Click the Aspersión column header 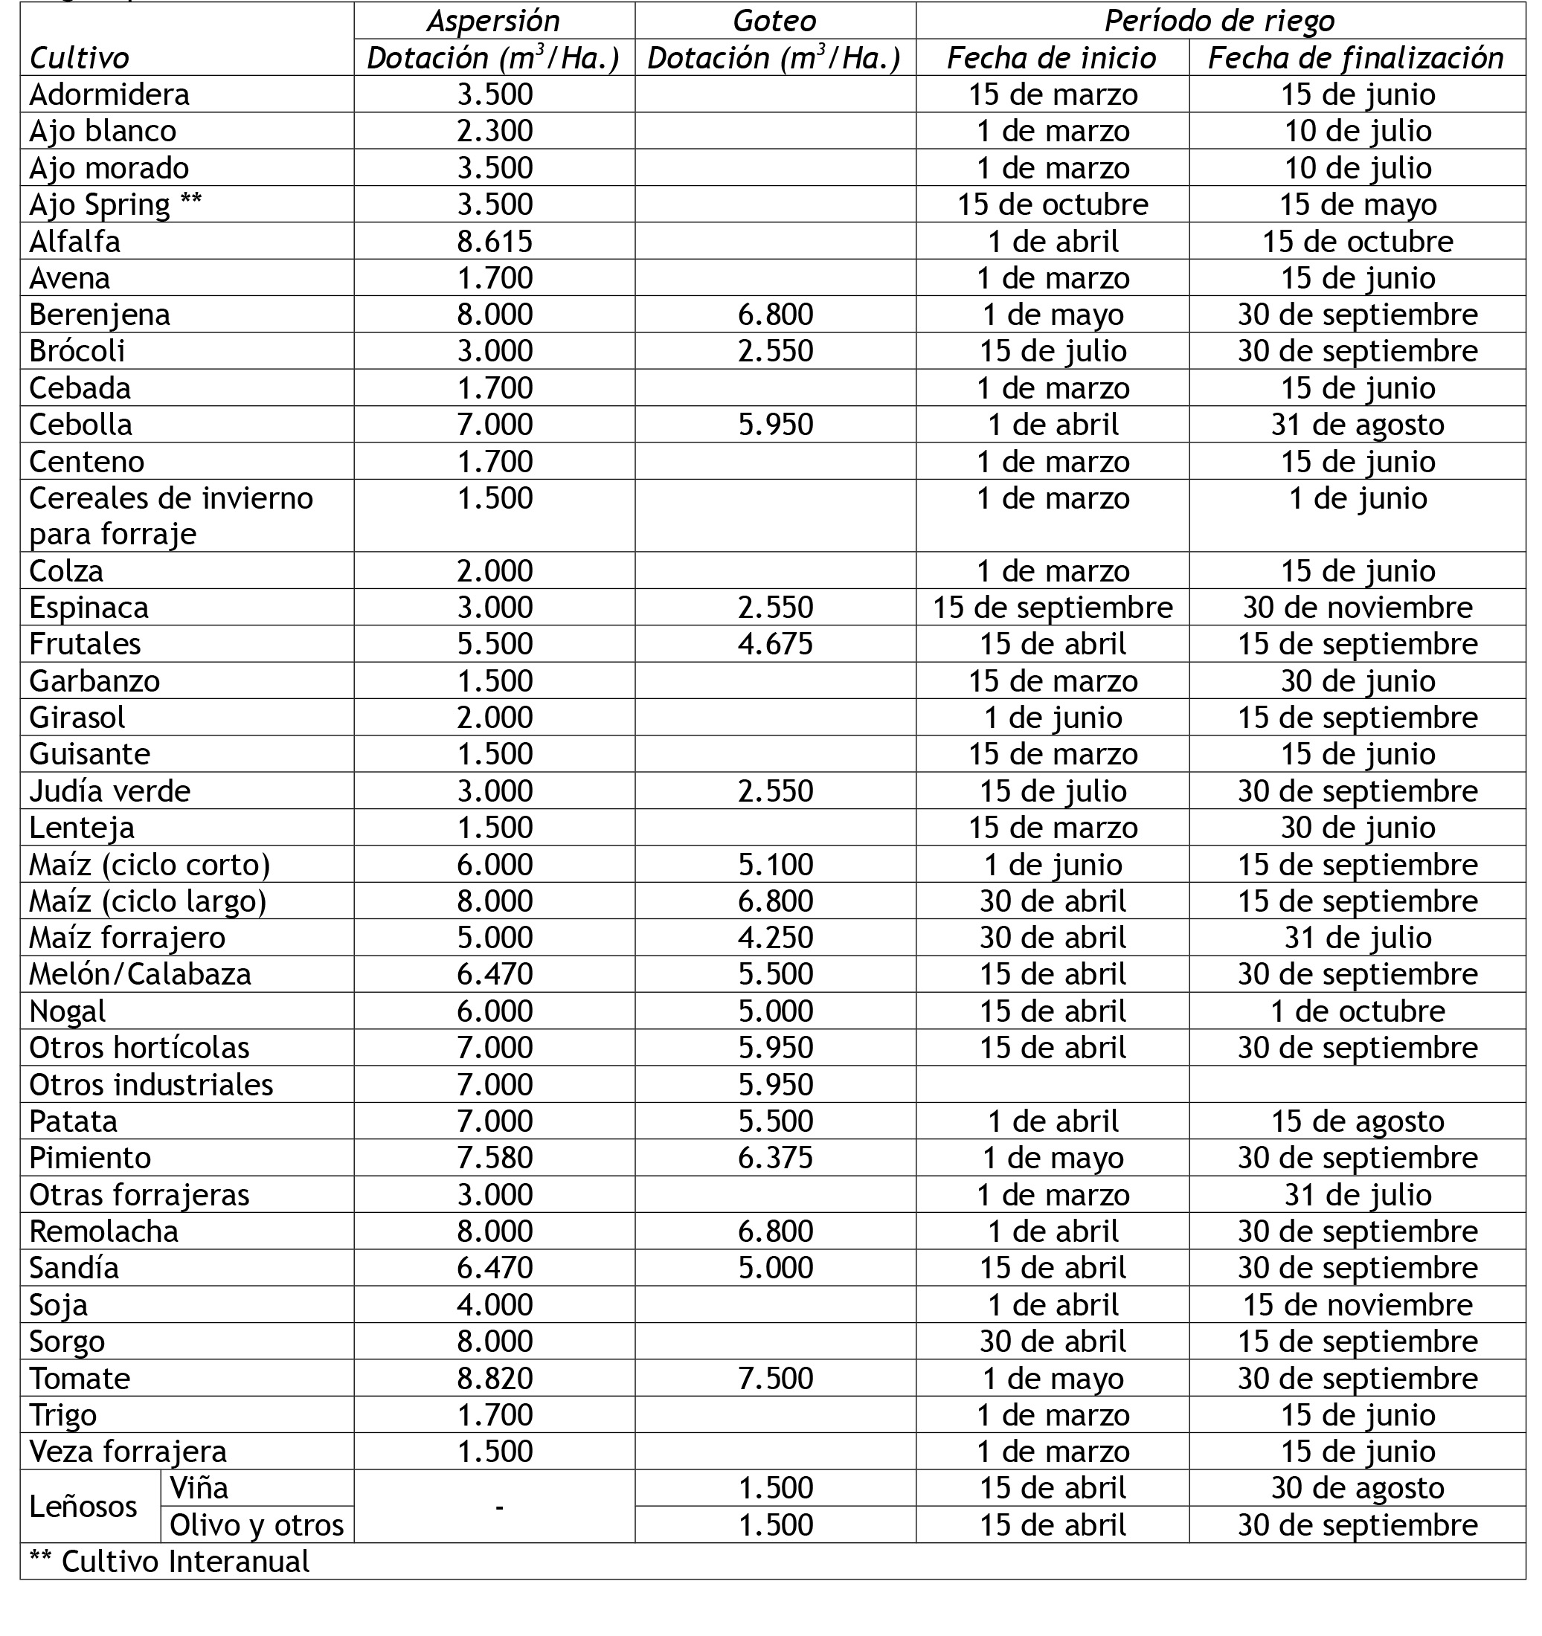pos(494,21)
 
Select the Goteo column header pos(774,21)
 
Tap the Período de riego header pos(1219,21)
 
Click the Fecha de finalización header pos(1356,57)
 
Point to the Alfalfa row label pos(75,241)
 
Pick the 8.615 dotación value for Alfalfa pos(495,241)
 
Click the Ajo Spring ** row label pos(115,204)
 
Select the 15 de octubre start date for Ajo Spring pos(1052,204)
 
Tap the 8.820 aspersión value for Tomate pos(495,1379)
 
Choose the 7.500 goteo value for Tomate pos(774,1379)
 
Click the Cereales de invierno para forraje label pos(171,516)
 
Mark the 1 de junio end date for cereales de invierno pos(1358,499)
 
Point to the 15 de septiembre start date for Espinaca pos(1052,608)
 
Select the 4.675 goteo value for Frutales pos(774,643)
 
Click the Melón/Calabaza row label pos(140,974)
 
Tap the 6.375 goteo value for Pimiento pos(774,1158)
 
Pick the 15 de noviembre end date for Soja pos(1358,1305)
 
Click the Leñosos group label pos(83,1507)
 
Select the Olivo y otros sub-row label pos(257,1525)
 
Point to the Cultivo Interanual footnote pos(170,1562)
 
